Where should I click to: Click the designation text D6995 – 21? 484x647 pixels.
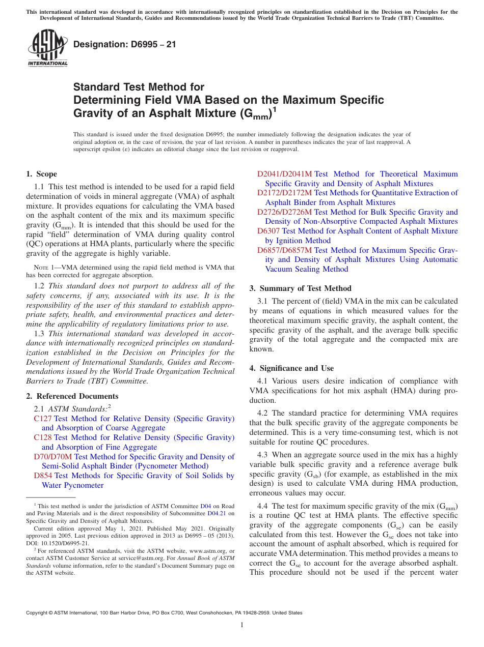tap(125, 44)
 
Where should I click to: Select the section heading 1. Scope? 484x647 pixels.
tap(41, 174)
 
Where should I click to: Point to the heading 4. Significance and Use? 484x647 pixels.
tap(291, 368)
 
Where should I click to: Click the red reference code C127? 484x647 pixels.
tap(43, 419)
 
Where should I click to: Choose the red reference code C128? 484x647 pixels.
tap(43, 437)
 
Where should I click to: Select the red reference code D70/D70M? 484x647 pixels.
tap(53, 457)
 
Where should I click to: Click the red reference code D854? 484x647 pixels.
tap(43, 476)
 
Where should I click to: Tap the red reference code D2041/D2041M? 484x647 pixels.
tap(284, 174)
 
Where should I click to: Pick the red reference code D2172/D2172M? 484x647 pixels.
tap(284, 193)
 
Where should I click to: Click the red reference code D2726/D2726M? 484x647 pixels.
tap(284, 212)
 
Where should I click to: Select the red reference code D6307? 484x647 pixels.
tap(268, 231)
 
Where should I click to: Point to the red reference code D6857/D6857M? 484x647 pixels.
tap(284, 250)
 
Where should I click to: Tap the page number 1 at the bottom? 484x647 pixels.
tap(242, 625)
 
